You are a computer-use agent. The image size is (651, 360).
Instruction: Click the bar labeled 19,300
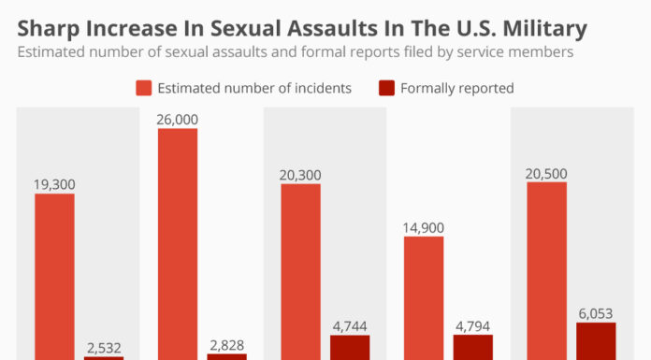[x=54, y=276]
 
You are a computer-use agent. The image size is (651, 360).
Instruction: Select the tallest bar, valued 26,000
[x=178, y=243]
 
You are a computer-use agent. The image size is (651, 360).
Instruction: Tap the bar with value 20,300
[x=300, y=271]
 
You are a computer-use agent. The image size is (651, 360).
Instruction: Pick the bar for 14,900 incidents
[x=424, y=297]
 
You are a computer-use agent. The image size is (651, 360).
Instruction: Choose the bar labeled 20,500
[x=547, y=270]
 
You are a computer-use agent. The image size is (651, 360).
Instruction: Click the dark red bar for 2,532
[x=103, y=357]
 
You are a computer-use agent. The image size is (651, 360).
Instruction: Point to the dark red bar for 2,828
[x=226, y=356]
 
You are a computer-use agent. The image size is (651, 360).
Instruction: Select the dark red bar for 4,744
[x=350, y=347]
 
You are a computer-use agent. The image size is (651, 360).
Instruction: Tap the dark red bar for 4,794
[x=473, y=347]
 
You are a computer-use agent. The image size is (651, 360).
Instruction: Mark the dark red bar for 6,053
[x=596, y=341]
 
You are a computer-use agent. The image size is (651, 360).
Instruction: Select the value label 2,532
[x=103, y=347]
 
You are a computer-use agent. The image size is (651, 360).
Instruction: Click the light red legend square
[x=143, y=89]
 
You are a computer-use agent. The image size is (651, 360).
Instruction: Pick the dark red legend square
[x=384, y=89]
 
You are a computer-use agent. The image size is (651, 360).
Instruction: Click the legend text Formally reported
[x=456, y=89]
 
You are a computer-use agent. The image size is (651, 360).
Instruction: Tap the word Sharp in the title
[x=47, y=28]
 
